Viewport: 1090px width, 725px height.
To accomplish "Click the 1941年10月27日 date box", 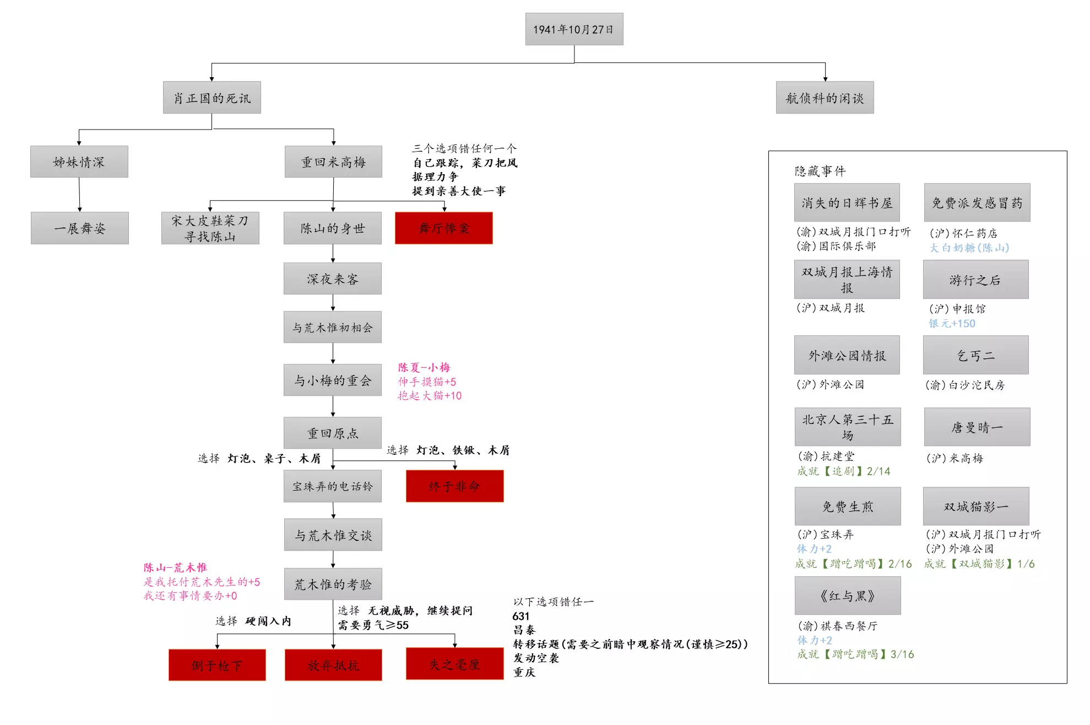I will click(574, 29).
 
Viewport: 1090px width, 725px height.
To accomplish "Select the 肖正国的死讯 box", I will click(212, 98).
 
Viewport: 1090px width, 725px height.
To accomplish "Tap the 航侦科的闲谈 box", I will click(825, 98).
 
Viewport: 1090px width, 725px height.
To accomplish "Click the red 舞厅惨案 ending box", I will click(443, 228).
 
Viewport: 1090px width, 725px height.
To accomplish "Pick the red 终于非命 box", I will click(454, 486).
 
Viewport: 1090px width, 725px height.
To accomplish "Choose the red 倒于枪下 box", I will click(217, 665).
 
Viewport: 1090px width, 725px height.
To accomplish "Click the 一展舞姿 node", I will click(80, 228).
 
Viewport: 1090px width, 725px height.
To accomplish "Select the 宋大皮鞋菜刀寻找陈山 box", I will click(210, 228).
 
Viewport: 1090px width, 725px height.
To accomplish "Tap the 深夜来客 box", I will click(332, 278).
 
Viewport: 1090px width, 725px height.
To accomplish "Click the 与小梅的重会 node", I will click(332, 380).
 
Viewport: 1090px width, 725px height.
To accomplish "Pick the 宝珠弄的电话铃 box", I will click(332, 486).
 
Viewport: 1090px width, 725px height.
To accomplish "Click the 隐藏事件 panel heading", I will click(820, 171).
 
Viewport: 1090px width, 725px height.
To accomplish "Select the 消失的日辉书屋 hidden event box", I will click(847, 202).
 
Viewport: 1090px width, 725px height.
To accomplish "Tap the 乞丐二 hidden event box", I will click(975, 355).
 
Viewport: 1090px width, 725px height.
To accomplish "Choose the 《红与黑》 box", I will click(847, 595).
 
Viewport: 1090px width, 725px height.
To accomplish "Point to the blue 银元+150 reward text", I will click(952, 324).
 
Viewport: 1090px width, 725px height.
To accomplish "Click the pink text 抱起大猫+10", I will click(430, 395).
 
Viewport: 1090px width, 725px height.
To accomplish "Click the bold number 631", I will click(520, 616).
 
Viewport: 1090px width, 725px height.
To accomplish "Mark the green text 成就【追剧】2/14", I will click(843, 471).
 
